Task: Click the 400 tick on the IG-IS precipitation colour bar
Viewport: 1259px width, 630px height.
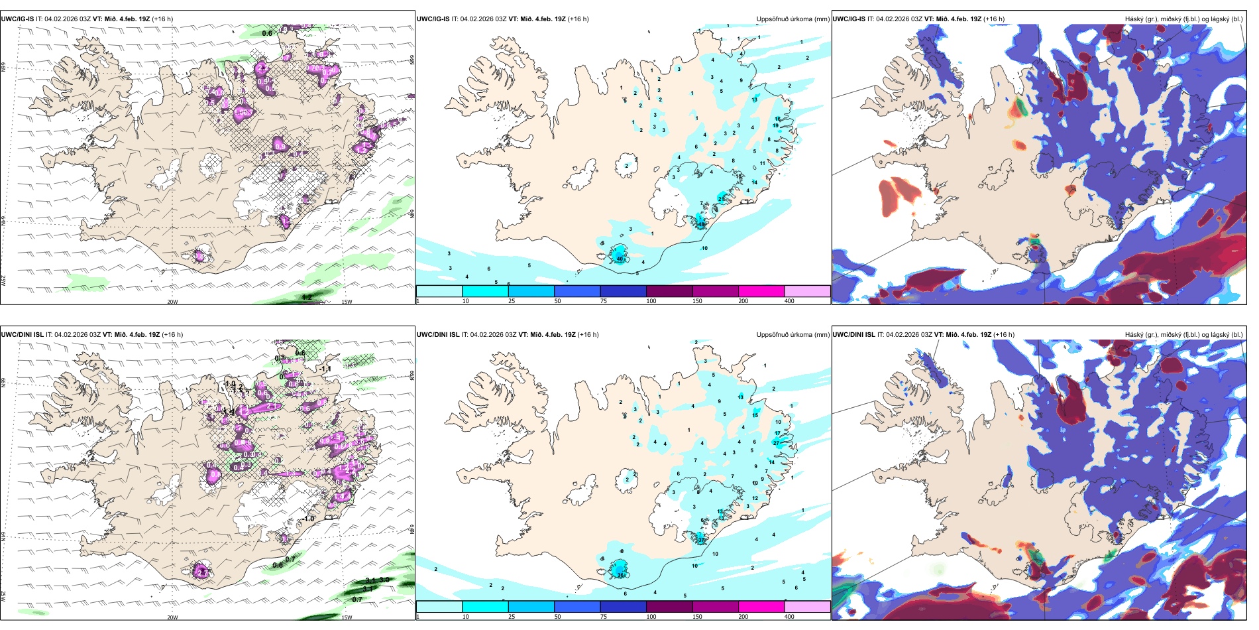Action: pyautogui.click(x=789, y=301)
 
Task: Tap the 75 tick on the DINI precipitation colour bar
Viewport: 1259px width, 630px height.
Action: pyautogui.click(x=604, y=617)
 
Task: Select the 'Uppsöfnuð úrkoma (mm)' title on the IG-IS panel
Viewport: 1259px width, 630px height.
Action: pyautogui.click(x=793, y=19)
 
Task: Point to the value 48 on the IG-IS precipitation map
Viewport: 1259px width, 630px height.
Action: pyautogui.click(x=702, y=224)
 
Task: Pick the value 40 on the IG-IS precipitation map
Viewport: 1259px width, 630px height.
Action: pyautogui.click(x=620, y=258)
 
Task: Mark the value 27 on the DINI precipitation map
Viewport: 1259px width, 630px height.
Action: pyautogui.click(x=777, y=443)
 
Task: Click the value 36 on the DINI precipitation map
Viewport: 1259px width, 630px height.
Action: pyautogui.click(x=621, y=575)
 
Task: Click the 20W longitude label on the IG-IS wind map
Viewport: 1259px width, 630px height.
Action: pyautogui.click(x=172, y=302)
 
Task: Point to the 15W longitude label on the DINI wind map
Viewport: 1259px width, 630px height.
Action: pyautogui.click(x=346, y=617)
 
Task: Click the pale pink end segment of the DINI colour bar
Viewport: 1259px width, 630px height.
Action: pyautogui.click(x=807, y=607)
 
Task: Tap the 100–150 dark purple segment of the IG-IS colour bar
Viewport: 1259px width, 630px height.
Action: pyautogui.click(x=669, y=291)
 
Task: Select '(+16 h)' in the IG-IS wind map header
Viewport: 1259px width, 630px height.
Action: pyautogui.click(x=162, y=19)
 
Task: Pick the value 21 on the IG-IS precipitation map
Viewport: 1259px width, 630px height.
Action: pyautogui.click(x=721, y=199)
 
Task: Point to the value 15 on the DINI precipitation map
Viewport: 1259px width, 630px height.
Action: pyautogui.click(x=755, y=415)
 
